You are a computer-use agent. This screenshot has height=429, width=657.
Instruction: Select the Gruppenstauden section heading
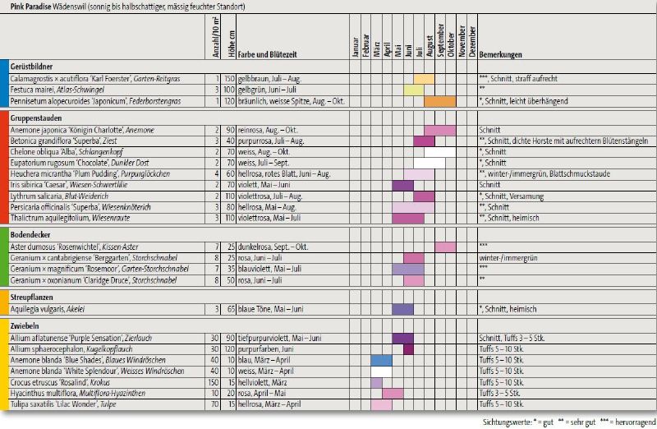tap(39, 118)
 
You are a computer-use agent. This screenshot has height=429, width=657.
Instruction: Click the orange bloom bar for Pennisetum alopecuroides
tap(439, 101)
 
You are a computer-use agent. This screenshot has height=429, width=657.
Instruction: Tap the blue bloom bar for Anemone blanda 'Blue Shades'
tap(381, 360)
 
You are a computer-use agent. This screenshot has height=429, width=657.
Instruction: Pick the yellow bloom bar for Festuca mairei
tap(413, 90)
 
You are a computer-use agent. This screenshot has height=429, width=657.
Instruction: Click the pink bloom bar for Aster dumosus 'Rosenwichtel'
tap(445, 247)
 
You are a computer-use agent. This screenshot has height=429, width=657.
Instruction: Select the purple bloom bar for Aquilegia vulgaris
tap(402, 309)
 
